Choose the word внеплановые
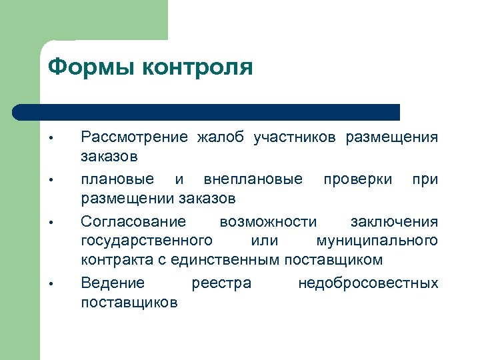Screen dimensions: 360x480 [x=253, y=180]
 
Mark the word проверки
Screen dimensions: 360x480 [x=357, y=180]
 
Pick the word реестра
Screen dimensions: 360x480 [x=221, y=283]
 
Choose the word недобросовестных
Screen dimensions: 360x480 [x=368, y=283]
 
